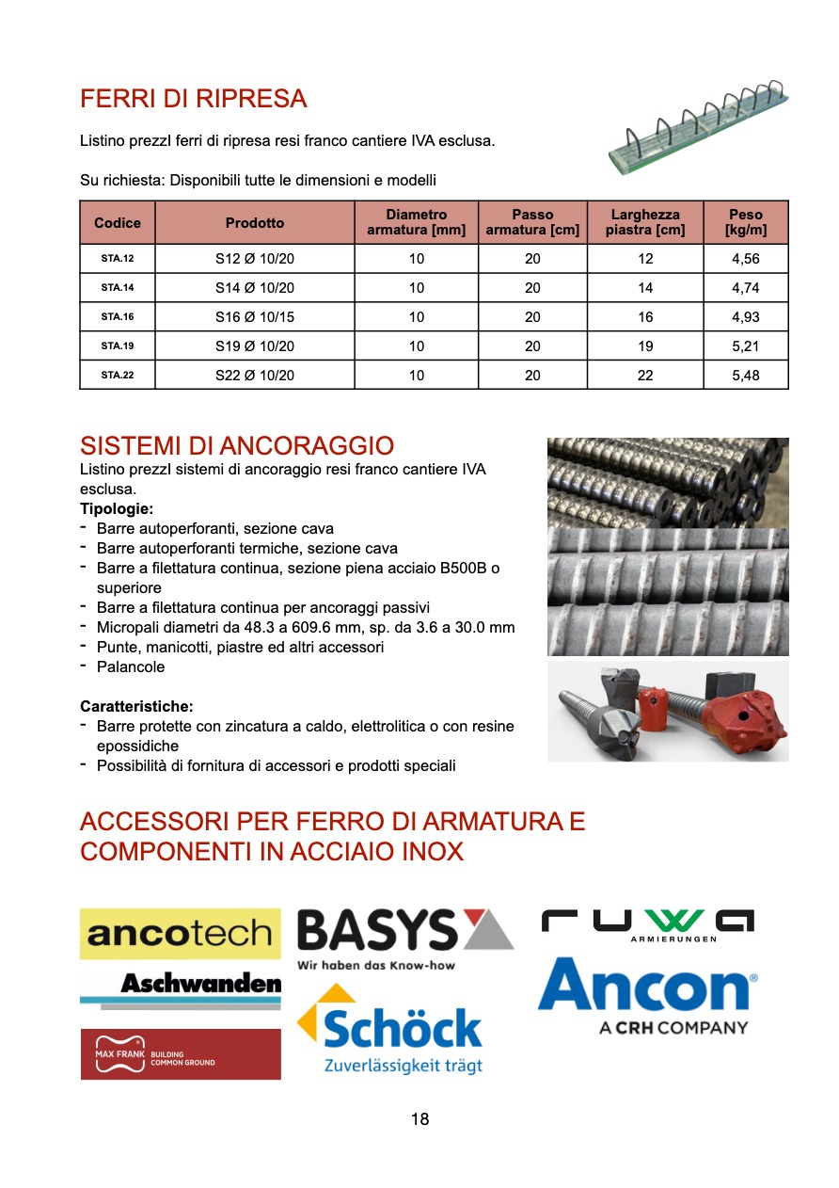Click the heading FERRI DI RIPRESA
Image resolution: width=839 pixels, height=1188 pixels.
pos(194,99)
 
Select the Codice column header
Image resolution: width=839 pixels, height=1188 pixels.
pos(118,223)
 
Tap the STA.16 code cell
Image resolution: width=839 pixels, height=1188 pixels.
pos(118,316)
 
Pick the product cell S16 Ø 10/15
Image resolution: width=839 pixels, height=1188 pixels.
pos(255,316)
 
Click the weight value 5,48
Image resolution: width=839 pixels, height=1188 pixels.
pos(745,375)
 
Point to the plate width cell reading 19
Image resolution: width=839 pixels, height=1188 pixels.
pos(645,345)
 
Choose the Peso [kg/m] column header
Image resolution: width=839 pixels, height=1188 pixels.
pos(745,222)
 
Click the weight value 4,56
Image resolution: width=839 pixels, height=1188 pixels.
pos(745,259)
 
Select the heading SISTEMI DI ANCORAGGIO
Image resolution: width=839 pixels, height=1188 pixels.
pos(237,445)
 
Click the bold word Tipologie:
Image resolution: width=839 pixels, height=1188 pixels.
pos(117,509)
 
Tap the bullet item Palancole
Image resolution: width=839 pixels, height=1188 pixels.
pos(131,666)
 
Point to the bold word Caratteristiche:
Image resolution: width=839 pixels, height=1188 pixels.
pos(136,706)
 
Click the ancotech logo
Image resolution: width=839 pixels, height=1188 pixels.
pos(180,934)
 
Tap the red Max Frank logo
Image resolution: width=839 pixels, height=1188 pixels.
pos(180,1053)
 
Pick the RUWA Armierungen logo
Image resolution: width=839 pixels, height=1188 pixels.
pos(648,924)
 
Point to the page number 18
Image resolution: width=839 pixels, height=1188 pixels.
pos(419,1119)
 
